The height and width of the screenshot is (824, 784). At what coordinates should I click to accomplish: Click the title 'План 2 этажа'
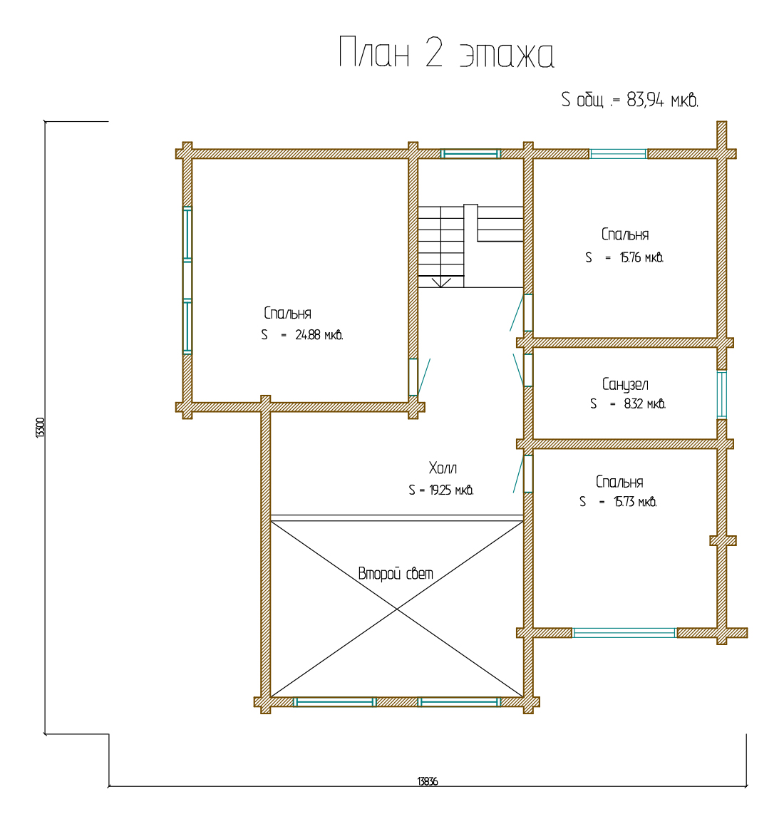coord(446,53)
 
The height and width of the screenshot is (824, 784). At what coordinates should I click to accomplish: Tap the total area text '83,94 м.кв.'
coord(662,99)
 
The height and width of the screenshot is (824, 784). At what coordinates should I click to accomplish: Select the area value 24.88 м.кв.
coord(319,335)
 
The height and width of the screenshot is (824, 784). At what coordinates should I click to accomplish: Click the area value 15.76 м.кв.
coord(641,257)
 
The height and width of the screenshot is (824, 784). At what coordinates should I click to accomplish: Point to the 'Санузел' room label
coord(625,384)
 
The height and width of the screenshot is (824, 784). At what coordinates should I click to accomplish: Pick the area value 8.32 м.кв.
coord(645,403)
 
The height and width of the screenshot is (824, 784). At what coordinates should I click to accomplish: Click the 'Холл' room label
coord(443,468)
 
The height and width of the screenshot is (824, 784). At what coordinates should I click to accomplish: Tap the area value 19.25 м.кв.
coord(451,490)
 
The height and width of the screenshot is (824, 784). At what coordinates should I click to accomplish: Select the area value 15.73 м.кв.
coord(635,502)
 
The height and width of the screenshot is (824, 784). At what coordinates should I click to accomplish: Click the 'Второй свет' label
coord(396,573)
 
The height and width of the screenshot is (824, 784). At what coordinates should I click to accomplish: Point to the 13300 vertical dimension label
coord(40,428)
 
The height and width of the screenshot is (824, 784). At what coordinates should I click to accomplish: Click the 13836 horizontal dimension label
coord(427,781)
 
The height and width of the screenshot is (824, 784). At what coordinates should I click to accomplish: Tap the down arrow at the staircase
coord(441,282)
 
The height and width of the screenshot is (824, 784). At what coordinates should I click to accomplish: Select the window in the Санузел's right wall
coord(722,394)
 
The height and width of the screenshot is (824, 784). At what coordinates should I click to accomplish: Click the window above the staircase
coord(470,153)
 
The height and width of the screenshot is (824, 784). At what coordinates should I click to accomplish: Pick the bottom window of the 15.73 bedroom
coord(624,633)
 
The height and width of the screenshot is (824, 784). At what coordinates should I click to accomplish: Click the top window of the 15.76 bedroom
coord(619,153)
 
